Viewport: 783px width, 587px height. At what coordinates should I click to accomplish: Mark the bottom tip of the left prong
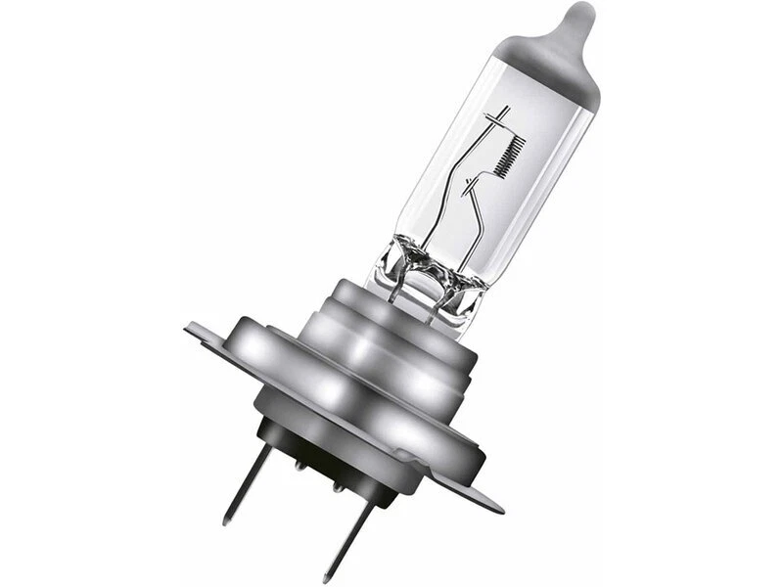tap(227, 521)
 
